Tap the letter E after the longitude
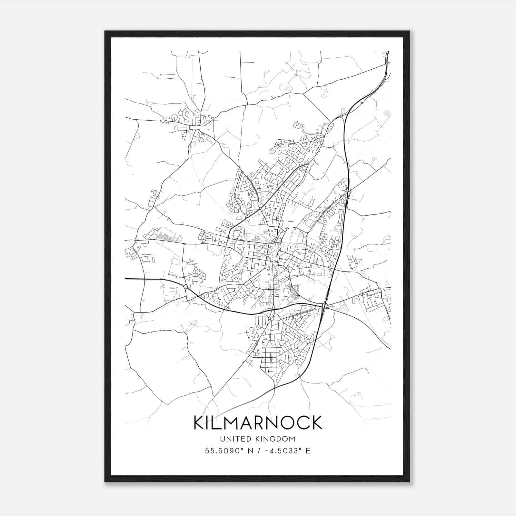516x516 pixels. coord(308,451)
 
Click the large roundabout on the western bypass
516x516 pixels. coord(186,287)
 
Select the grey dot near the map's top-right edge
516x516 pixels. coord(387,113)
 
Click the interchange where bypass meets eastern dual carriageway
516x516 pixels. coord(324,305)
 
